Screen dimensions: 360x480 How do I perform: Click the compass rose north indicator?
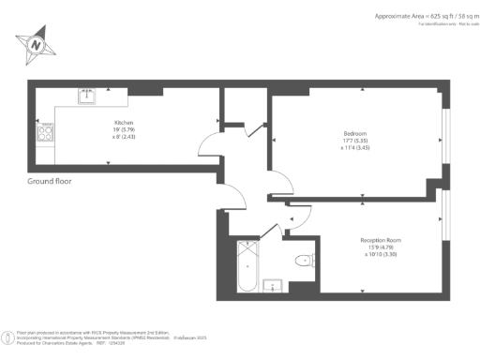[35, 43]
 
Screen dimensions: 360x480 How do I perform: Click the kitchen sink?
[87, 94]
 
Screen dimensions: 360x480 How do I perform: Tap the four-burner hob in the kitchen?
[43, 133]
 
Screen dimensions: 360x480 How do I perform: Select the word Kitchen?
[125, 123]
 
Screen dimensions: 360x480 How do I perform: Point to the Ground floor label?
[50, 181]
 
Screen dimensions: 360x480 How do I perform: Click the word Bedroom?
[354, 133]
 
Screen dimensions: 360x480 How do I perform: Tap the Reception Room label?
[381, 240]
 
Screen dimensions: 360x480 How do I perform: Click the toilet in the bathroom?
[302, 261]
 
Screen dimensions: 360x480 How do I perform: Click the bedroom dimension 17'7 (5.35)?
[356, 142]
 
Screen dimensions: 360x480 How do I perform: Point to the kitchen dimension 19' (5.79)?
[125, 130]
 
